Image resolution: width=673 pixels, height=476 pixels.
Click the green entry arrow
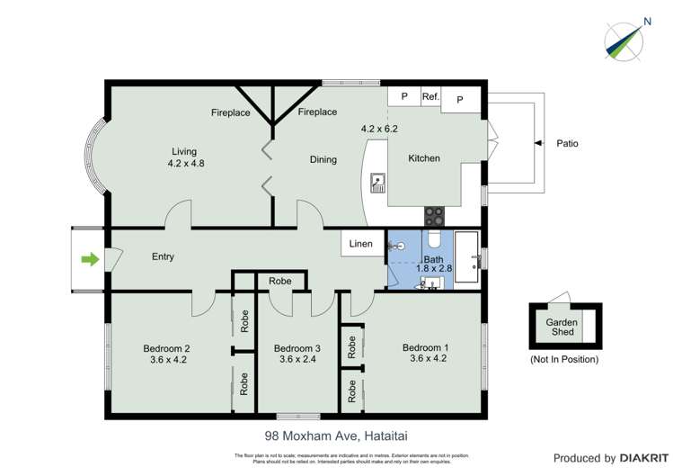tap(89, 260)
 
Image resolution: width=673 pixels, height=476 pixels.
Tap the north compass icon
tap(624, 38)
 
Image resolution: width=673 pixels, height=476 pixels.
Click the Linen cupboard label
tap(361, 244)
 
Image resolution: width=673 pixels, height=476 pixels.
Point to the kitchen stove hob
tap(433, 216)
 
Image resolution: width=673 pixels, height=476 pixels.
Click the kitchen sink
tap(377, 184)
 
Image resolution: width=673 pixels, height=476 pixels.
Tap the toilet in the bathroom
tap(432, 240)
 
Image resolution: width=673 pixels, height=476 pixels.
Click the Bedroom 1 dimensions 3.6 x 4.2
tap(424, 358)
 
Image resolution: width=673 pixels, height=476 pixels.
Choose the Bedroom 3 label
tap(297, 348)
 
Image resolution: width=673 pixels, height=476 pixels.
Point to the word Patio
tap(568, 142)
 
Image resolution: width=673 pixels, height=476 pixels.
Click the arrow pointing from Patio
tap(538, 142)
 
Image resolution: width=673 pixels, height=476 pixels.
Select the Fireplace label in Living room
tap(230, 113)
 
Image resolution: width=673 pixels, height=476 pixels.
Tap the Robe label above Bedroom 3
tap(280, 282)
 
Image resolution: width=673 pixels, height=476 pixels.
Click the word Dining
tap(323, 160)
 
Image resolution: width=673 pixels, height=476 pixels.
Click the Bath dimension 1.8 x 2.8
tap(433, 268)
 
